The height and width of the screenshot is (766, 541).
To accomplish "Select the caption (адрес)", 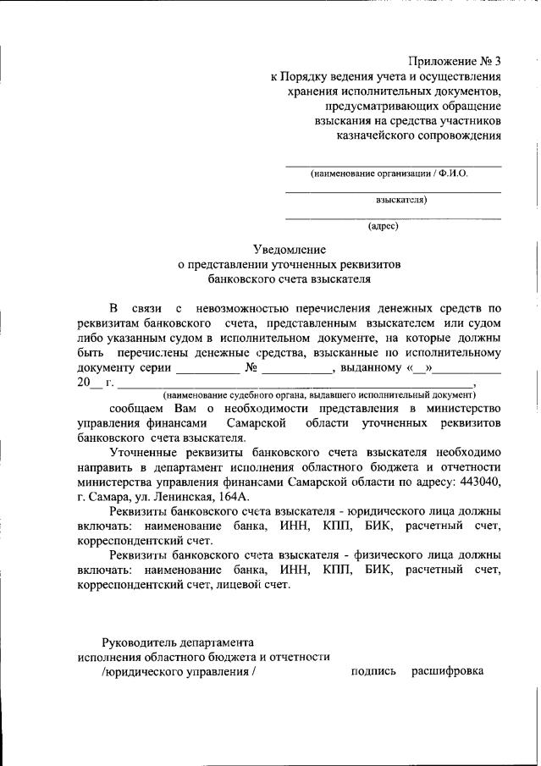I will pyautogui.click(x=383, y=226).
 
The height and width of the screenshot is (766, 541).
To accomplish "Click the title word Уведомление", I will pyautogui.click(x=289, y=249).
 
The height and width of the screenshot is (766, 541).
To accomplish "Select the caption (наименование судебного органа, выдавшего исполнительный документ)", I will pyautogui.click(x=320, y=394).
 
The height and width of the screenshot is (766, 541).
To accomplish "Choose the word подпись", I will pyautogui.click(x=373, y=671).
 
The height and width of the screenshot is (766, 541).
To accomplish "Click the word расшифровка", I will pyautogui.click(x=448, y=671).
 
